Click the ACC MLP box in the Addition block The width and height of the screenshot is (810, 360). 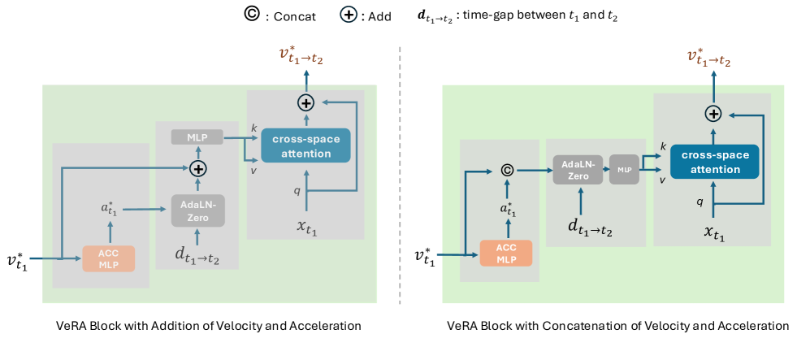coord(109,258)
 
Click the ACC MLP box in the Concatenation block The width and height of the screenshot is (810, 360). coord(506,253)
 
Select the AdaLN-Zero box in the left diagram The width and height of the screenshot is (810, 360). coord(197,210)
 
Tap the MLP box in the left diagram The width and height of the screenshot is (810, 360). coord(197,137)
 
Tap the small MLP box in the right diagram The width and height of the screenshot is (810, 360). coord(623,171)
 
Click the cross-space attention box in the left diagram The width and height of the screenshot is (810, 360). coord(305,145)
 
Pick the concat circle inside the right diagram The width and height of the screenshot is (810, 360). coord(506,171)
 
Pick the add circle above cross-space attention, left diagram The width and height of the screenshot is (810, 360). coord(305,102)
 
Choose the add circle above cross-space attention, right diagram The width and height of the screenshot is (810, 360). coord(713,115)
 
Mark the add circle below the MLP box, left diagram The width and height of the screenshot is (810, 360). coord(197,169)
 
